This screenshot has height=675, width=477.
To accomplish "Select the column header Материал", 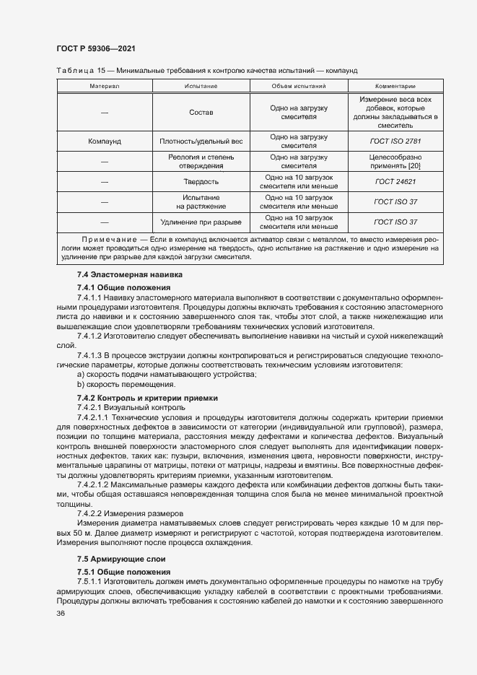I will pyautogui.click(x=105, y=85).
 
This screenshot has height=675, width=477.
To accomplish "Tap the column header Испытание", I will pyautogui.click(x=201, y=85).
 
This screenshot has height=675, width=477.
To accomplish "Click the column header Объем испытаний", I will pyautogui.click(x=299, y=85).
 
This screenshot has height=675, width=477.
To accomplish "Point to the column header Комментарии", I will pyautogui.click(x=395, y=85).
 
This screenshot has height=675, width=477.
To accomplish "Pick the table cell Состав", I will pyautogui.click(x=201, y=113).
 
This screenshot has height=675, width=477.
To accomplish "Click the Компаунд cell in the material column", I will pyautogui.click(x=105, y=141).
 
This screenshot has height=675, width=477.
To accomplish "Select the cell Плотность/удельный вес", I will pyautogui.click(x=201, y=141).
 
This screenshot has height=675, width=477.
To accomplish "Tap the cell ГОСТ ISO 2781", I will pyautogui.click(x=395, y=141).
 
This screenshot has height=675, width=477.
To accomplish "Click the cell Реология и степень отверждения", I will pyautogui.click(x=201, y=162).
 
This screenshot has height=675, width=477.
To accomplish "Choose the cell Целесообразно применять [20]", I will pyautogui.click(x=395, y=162).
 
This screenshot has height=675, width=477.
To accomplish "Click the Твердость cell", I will pyautogui.click(x=201, y=182).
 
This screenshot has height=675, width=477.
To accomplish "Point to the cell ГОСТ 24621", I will pyautogui.click(x=395, y=182).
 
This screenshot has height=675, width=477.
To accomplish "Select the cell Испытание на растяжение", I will pyautogui.click(x=201, y=201).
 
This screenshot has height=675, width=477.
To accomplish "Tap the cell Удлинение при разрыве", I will pyautogui.click(x=201, y=222).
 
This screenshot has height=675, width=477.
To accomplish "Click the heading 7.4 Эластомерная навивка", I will pyautogui.click(x=130, y=275).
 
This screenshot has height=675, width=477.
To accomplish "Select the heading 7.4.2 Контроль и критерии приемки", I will pyautogui.click(x=147, y=399).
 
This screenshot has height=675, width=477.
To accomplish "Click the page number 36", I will pyautogui.click(x=61, y=613).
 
